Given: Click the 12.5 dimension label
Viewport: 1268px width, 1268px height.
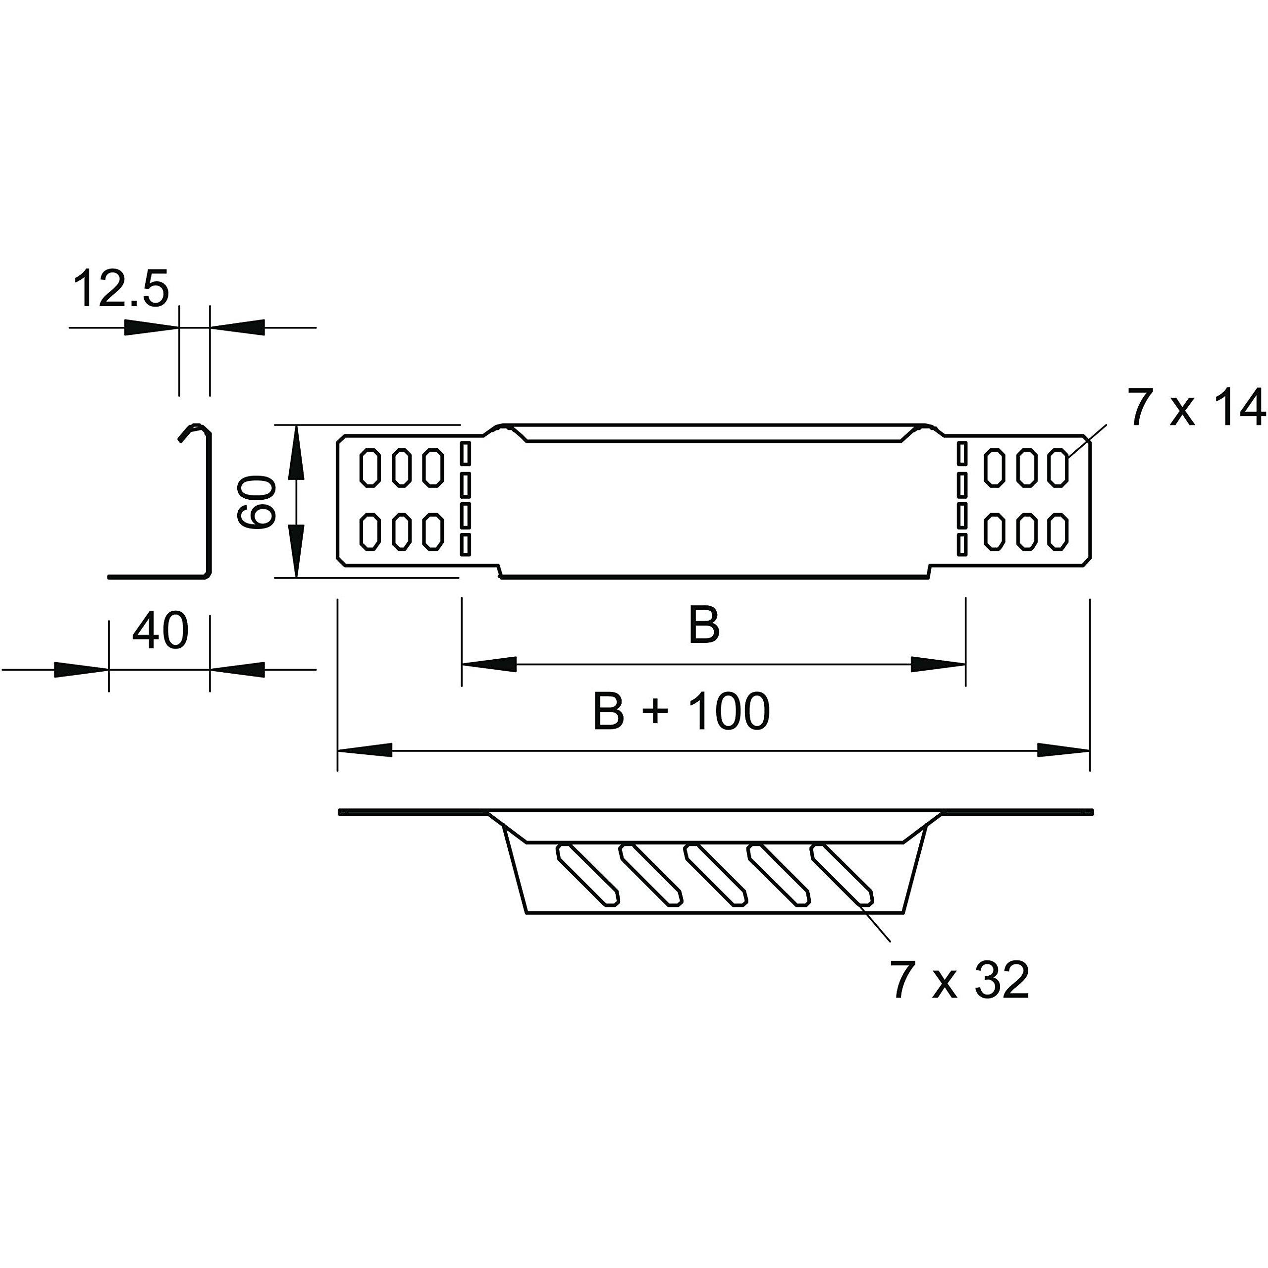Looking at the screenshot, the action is coord(121,288).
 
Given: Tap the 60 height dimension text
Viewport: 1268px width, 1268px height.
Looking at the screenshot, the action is coord(257,503).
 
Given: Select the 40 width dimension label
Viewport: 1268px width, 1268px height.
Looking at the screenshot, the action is coord(160,631).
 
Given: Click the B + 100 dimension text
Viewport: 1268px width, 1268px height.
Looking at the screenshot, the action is coord(681,711).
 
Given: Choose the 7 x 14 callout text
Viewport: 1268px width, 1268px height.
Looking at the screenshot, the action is coord(1196,408).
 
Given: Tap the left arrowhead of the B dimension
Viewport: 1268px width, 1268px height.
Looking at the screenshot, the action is coord(489,664).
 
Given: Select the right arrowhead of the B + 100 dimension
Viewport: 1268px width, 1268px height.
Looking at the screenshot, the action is coord(1063,750).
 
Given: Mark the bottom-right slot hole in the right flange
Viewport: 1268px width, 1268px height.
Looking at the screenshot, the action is coord(1058,531).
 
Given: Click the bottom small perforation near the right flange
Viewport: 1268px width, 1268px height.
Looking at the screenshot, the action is coord(962,544).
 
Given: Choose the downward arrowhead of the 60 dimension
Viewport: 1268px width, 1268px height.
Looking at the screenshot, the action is coord(297,551).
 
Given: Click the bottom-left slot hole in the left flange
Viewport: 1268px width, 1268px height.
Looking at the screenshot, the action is coord(370,531).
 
